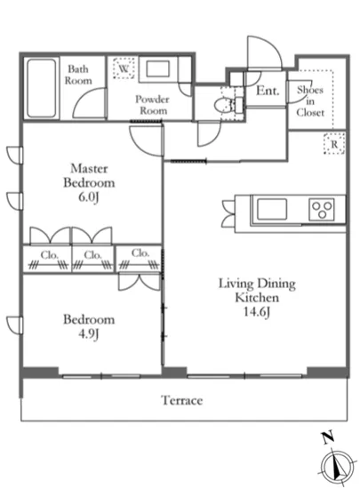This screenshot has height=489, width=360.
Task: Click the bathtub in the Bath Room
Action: (42, 88)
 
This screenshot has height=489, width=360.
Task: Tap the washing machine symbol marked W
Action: (124, 68)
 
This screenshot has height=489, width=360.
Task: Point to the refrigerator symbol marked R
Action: (334, 144)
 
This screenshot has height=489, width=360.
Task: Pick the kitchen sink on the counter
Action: (271, 209)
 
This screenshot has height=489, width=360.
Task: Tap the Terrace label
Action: (182, 400)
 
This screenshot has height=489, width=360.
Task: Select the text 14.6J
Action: (256, 311)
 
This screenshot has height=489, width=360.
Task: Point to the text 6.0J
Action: (89, 197)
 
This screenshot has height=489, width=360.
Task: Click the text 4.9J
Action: (89, 334)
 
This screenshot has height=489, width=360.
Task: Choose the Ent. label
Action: (268, 91)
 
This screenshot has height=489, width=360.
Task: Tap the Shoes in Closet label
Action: (310, 101)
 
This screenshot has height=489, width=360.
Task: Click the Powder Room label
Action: (152, 105)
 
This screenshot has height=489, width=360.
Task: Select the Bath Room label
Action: (78, 75)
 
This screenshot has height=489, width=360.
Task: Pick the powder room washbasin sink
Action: (158, 68)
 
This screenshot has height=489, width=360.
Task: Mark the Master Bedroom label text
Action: (89, 175)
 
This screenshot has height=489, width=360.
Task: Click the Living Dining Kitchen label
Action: (257, 291)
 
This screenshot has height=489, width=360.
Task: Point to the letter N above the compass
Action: (328, 437)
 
